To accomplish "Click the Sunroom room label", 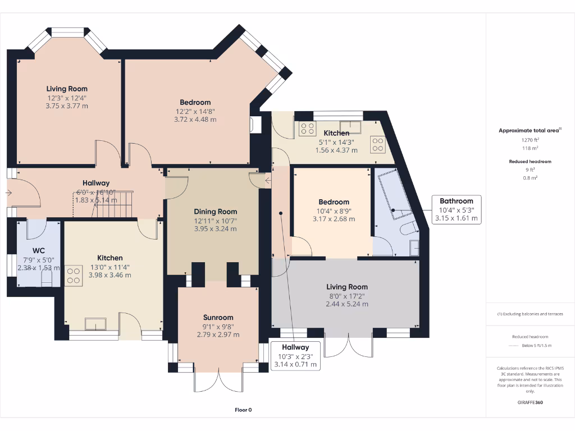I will point(218,317).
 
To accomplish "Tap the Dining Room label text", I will point(216,212).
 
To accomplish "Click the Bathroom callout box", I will point(456,209).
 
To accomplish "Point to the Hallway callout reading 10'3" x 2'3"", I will point(295,356).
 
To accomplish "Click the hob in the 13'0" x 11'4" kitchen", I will point(74,275).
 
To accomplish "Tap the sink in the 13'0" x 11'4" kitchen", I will point(95,324).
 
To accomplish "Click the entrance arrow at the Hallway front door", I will point(8,192).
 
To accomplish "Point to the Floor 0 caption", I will point(243,410).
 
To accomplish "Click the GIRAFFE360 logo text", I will point(530,402).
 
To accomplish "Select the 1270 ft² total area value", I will point(530,140).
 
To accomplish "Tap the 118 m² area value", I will point(530,148).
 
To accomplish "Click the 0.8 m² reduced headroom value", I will point(530,177).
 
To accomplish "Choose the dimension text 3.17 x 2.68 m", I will point(334,219).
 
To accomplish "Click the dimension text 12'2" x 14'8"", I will point(195,111).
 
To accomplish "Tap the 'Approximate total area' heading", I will point(529,130).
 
